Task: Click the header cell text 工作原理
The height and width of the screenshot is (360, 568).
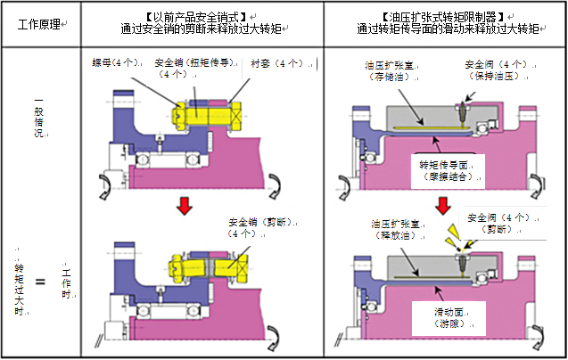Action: click(x=40, y=23)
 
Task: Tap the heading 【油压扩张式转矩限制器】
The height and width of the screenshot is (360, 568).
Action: click(x=443, y=16)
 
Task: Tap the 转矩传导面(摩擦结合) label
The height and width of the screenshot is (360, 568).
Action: click(x=450, y=171)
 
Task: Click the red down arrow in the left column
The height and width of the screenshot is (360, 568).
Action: click(x=185, y=207)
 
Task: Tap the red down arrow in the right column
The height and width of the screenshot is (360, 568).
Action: click(x=442, y=208)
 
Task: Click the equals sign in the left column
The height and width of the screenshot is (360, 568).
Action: click(x=38, y=283)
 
